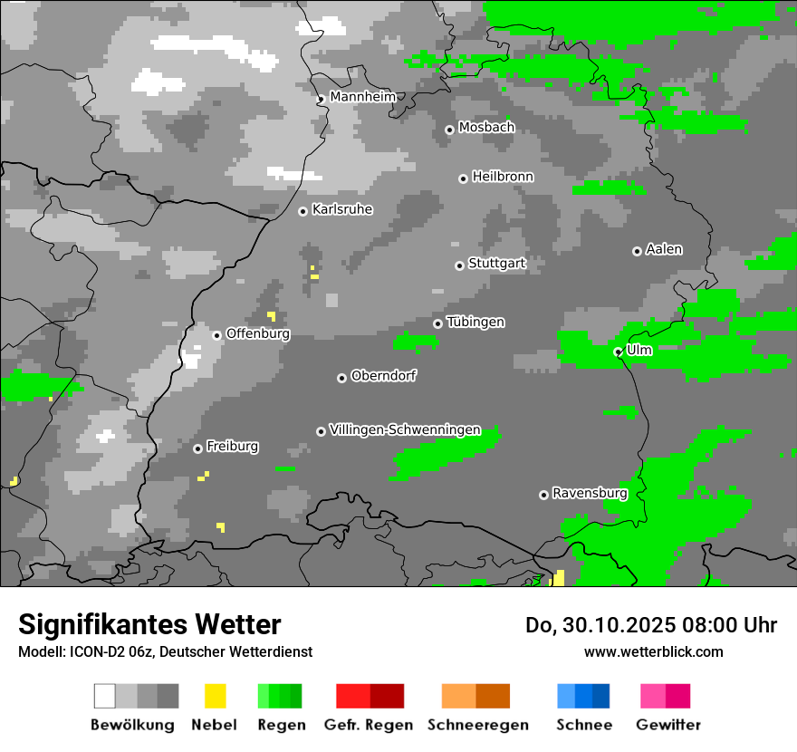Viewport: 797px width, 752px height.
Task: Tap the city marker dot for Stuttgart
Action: (460, 265)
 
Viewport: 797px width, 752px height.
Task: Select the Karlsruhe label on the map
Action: (342, 209)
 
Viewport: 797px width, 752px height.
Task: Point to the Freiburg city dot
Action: (197, 448)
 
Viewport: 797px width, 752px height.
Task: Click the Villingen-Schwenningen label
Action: (405, 429)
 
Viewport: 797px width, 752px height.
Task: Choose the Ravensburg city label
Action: (590, 493)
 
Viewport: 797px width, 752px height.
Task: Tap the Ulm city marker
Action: (619, 352)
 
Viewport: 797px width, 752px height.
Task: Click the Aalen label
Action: (664, 249)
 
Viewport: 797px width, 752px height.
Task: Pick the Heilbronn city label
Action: (503, 177)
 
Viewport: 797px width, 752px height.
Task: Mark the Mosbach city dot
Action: (449, 130)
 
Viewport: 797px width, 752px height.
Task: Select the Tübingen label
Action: (475, 322)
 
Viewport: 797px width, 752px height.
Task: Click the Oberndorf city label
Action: (384, 375)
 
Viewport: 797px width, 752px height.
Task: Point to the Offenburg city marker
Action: (217, 335)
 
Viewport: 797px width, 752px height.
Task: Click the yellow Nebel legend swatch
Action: (215, 696)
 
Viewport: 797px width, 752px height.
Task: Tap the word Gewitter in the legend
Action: (668, 725)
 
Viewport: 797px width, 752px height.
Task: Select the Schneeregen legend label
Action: (477, 725)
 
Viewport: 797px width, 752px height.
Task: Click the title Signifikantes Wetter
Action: (149, 624)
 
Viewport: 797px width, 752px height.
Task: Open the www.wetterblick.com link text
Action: (653, 651)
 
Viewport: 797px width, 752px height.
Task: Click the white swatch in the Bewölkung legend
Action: (105, 696)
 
